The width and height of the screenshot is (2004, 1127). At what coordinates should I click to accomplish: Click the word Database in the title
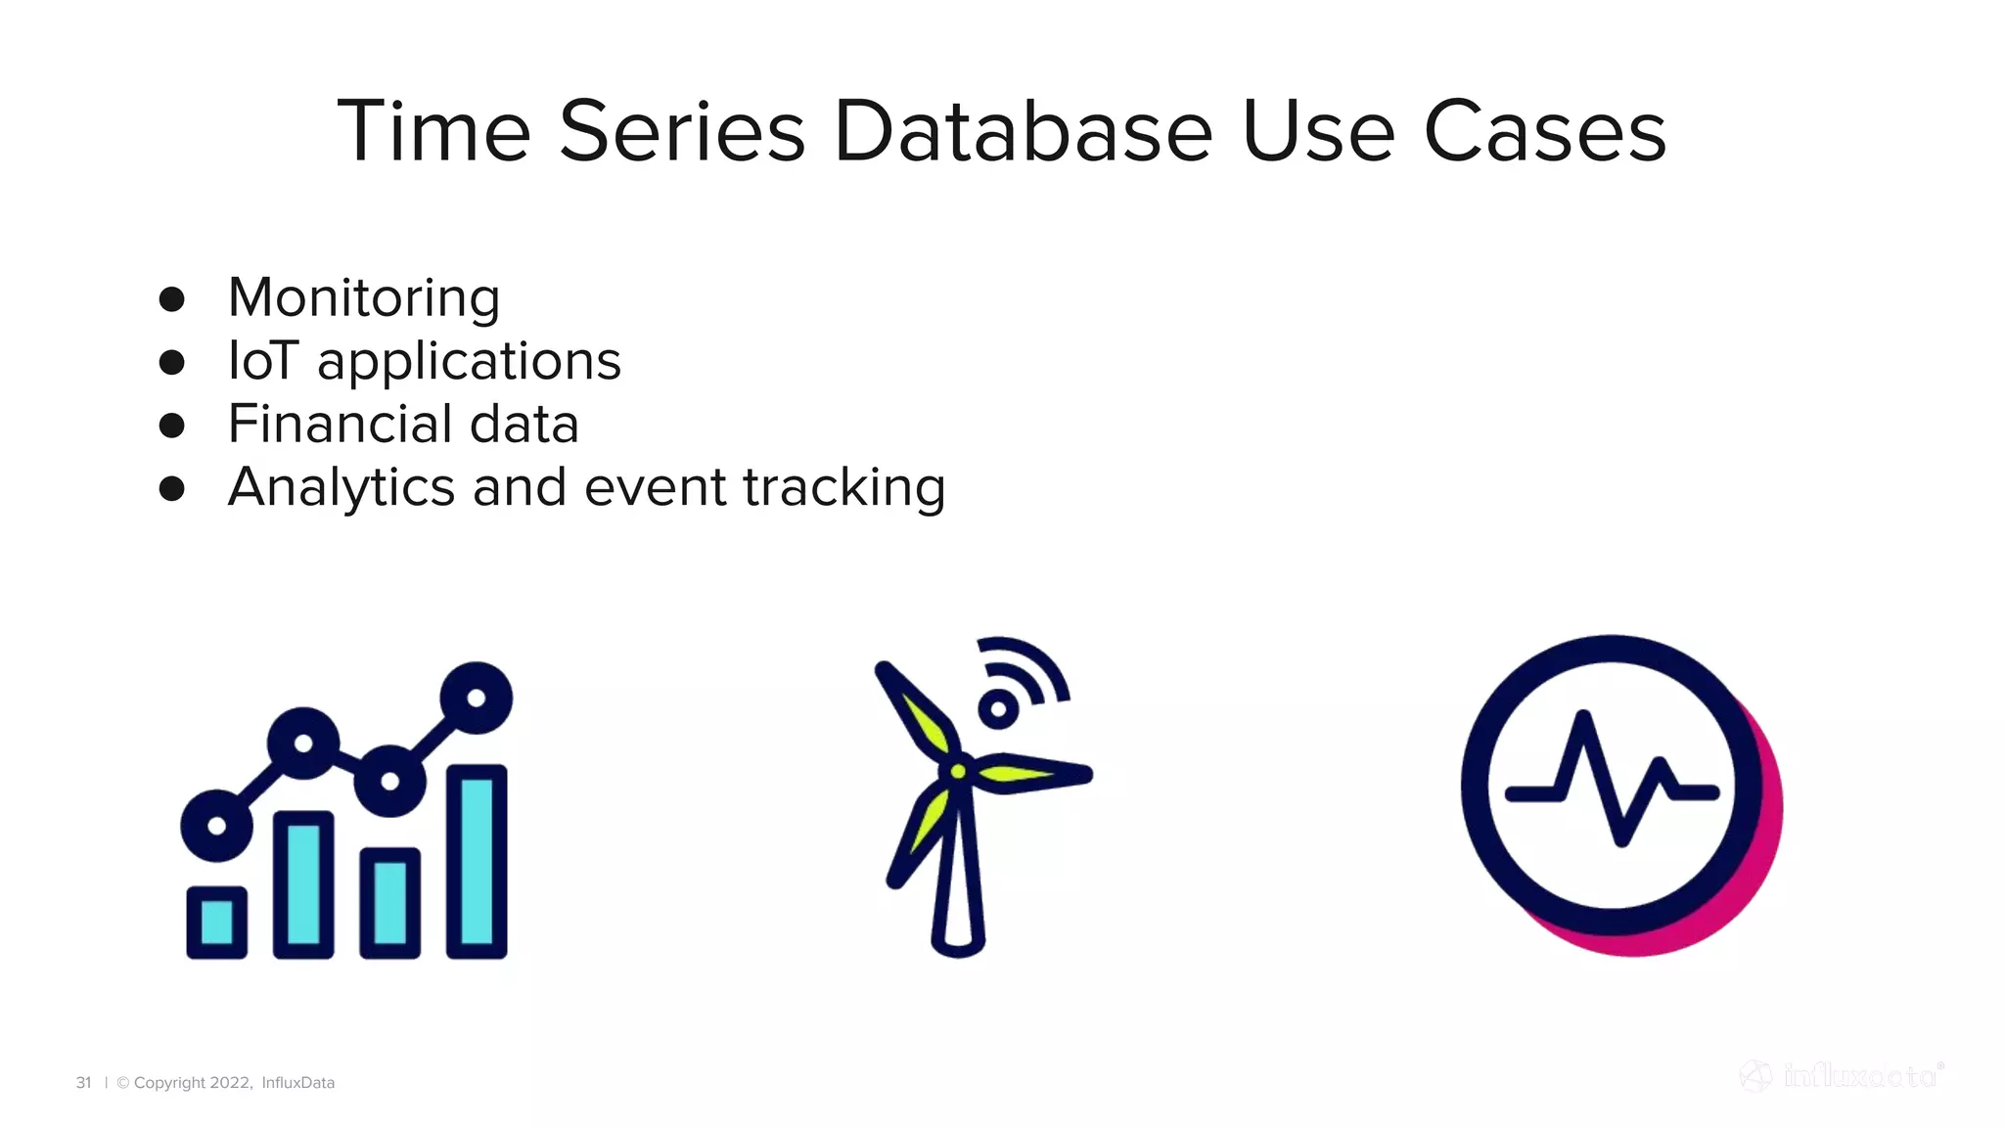(1023, 131)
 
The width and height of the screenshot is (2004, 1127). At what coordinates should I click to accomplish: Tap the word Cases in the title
(1544, 131)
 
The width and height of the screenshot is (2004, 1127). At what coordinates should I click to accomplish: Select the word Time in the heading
(433, 131)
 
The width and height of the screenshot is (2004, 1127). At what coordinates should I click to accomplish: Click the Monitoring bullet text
(363, 297)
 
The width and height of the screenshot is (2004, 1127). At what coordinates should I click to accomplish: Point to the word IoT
(261, 361)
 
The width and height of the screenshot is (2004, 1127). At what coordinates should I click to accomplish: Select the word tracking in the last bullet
(843, 487)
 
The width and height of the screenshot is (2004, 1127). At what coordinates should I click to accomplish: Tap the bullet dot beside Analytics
(172, 488)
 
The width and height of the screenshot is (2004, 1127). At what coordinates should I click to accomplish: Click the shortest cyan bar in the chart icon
(216, 921)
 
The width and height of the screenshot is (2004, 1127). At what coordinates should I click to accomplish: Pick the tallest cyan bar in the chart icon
(477, 861)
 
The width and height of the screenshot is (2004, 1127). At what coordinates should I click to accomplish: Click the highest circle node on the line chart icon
(477, 698)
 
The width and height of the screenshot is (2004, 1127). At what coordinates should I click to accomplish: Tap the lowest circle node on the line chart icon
(216, 826)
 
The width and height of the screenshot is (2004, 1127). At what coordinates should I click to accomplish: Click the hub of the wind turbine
(958, 772)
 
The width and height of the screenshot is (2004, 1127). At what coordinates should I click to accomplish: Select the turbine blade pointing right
(1032, 774)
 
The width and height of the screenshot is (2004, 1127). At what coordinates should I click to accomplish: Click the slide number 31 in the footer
(83, 1083)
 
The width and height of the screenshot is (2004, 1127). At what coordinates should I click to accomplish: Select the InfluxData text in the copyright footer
(297, 1083)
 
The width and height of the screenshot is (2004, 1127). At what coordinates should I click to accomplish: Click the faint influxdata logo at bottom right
(1842, 1077)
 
